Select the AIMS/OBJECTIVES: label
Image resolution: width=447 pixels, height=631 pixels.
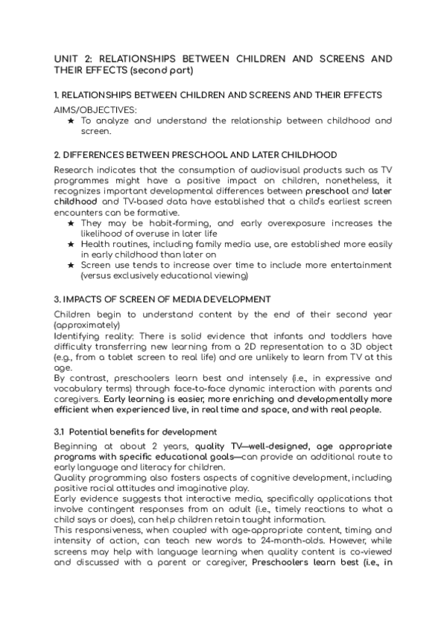click(89, 109)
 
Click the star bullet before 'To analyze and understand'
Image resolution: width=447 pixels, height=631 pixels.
click(71, 121)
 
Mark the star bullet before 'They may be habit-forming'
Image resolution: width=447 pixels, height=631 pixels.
click(71, 223)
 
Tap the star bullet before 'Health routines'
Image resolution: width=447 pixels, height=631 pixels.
click(71, 244)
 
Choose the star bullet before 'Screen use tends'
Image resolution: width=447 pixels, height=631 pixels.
click(71, 265)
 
